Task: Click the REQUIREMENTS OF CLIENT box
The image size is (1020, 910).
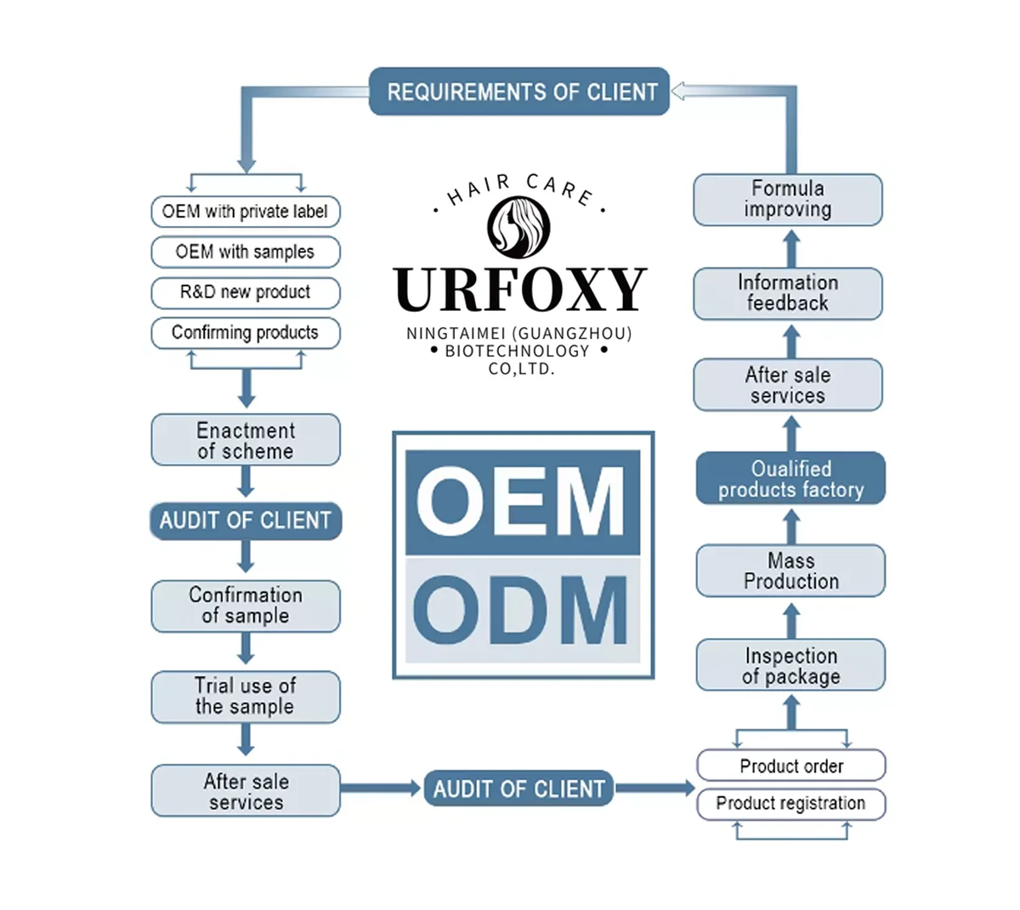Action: pyautogui.click(x=519, y=92)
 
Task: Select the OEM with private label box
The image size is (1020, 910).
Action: pyautogui.click(x=245, y=212)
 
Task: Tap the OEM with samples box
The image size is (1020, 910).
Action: pyautogui.click(x=245, y=252)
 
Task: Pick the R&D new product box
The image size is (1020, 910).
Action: pyautogui.click(x=245, y=292)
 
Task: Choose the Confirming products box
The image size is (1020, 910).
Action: pyautogui.click(x=245, y=332)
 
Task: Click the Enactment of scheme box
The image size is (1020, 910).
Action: pyautogui.click(x=245, y=440)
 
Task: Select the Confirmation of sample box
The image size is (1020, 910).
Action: pyautogui.click(x=245, y=605)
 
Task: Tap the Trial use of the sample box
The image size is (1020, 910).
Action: pyautogui.click(x=245, y=696)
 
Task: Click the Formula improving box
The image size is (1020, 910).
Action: pyautogui.click(x=787, y=200)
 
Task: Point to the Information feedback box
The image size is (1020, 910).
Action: pyautogui.click(x=787, y=293)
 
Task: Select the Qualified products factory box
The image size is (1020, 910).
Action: pyautogui.click(x=790, y=479)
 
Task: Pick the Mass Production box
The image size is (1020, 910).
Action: pyautogui.click(x=790, y=571)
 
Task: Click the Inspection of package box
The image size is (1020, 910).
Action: pyautogui.click(x=790, y=665)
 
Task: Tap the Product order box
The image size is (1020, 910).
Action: pyautogui.click(x=790, y=766)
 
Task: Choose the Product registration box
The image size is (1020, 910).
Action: pyautogui.click(x=790, y=804)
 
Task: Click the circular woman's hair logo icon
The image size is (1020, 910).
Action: pyautogui.click(x=518, y=227)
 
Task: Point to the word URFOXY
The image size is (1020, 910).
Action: pyautogui.click(x=520, y=290)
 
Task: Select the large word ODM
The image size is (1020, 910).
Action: pyautogui.click(x=521, y=609)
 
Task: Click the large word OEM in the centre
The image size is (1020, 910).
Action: pyautogui.click(x=521, y=501)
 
